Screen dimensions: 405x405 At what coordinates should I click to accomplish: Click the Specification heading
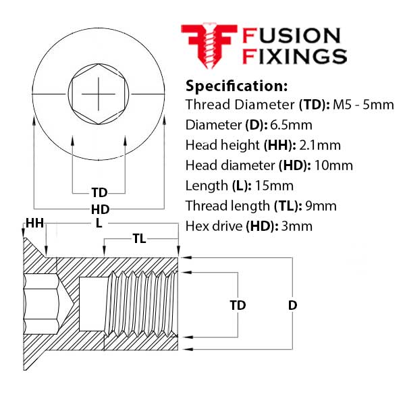236,86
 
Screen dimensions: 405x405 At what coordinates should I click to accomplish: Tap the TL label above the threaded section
140,238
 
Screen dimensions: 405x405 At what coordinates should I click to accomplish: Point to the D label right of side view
292,305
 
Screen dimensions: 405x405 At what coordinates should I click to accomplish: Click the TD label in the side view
238,305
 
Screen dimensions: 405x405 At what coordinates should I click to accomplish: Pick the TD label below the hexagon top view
99,192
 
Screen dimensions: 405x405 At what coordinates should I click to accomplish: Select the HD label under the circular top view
99,209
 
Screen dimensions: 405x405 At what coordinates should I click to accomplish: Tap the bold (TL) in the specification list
286,206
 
